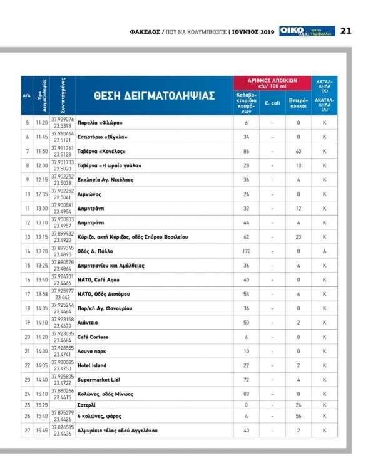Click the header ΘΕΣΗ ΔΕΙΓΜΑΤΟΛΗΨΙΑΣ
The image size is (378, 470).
(155, 95)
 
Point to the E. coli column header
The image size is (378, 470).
(272, 102)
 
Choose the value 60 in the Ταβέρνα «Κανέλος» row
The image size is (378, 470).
(299, 150)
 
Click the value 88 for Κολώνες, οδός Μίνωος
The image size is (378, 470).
(246, 393)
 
